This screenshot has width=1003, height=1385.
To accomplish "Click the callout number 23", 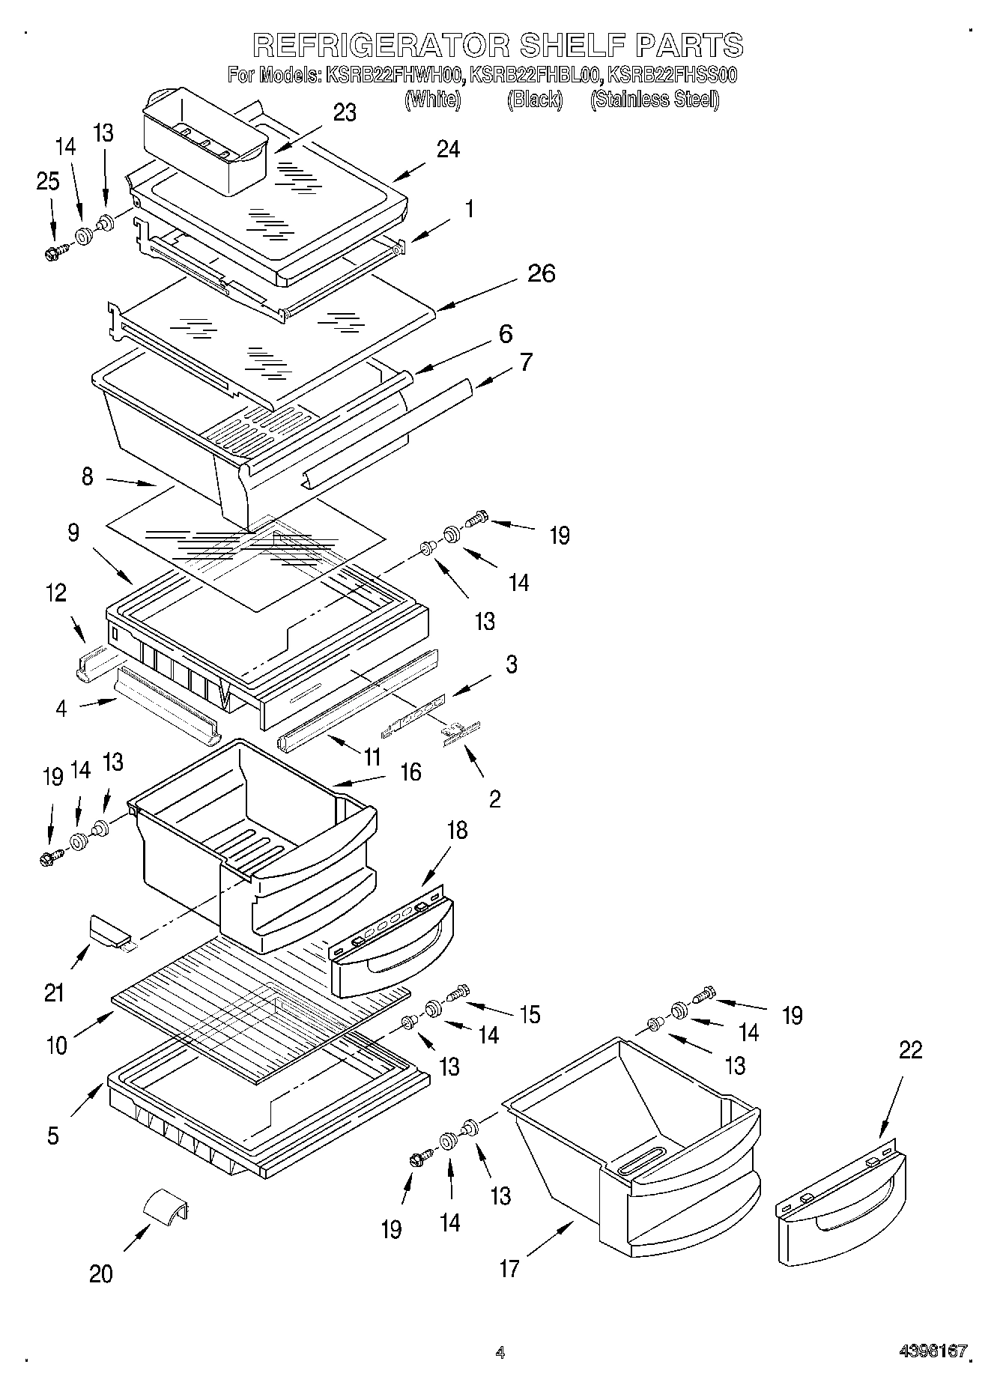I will click(345, 112).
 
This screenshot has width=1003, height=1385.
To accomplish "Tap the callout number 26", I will click(542, 273).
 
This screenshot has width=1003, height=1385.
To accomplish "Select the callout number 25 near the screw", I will click(48, 182).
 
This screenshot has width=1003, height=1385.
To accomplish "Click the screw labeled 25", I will click(55, 253).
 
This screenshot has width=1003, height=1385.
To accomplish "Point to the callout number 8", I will click(88, 476).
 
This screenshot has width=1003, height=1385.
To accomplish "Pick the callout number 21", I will click(55, 993).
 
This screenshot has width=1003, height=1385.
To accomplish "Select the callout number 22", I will click(911, 1050).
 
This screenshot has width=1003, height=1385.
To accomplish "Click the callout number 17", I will click(509, 1268).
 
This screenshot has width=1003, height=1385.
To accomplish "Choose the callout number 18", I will click(457, 830).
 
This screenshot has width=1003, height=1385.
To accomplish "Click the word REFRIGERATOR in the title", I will click(381, 45).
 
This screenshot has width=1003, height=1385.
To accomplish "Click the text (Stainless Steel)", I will click(655, 99).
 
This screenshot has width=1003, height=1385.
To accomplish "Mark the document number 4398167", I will click(933, 1351).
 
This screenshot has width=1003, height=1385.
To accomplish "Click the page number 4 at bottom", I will click(500, 1352).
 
